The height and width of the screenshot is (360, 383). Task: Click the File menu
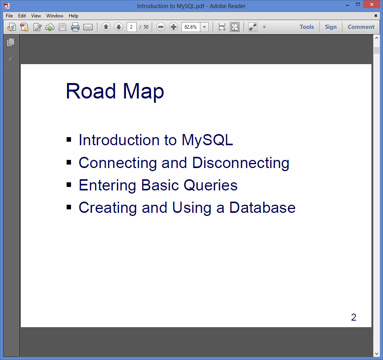9,15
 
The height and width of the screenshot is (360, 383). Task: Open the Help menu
73,15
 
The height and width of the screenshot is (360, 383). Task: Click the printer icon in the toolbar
75,27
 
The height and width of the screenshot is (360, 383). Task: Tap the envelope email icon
88,27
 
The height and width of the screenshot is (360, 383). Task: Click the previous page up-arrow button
106,27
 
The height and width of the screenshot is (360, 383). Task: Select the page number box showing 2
131,27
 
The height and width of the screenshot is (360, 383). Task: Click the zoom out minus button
161,27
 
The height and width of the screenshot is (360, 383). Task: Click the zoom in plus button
173,27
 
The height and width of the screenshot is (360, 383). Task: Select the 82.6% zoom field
191,27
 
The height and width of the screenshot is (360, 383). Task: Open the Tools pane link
307,27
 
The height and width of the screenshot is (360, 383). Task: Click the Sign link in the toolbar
331,27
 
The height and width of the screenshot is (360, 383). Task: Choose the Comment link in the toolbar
361,27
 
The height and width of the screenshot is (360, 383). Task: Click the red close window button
372,4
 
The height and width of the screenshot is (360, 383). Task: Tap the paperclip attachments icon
10,59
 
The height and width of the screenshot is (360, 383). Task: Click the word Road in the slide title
91,91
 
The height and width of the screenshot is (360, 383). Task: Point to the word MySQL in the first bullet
207,141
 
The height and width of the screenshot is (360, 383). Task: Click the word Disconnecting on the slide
241,163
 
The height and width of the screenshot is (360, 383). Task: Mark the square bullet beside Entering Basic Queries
69,185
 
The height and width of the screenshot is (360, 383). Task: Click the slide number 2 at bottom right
354,317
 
